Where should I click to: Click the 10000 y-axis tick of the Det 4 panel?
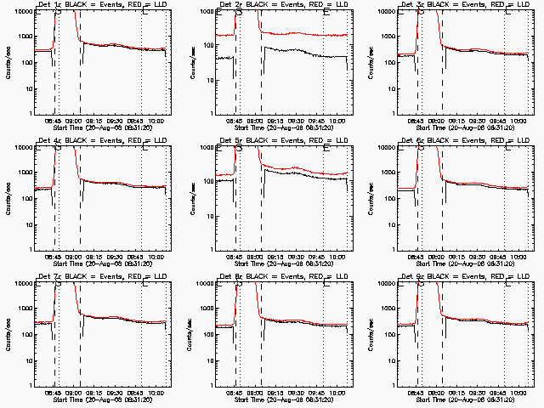point(20,148)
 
